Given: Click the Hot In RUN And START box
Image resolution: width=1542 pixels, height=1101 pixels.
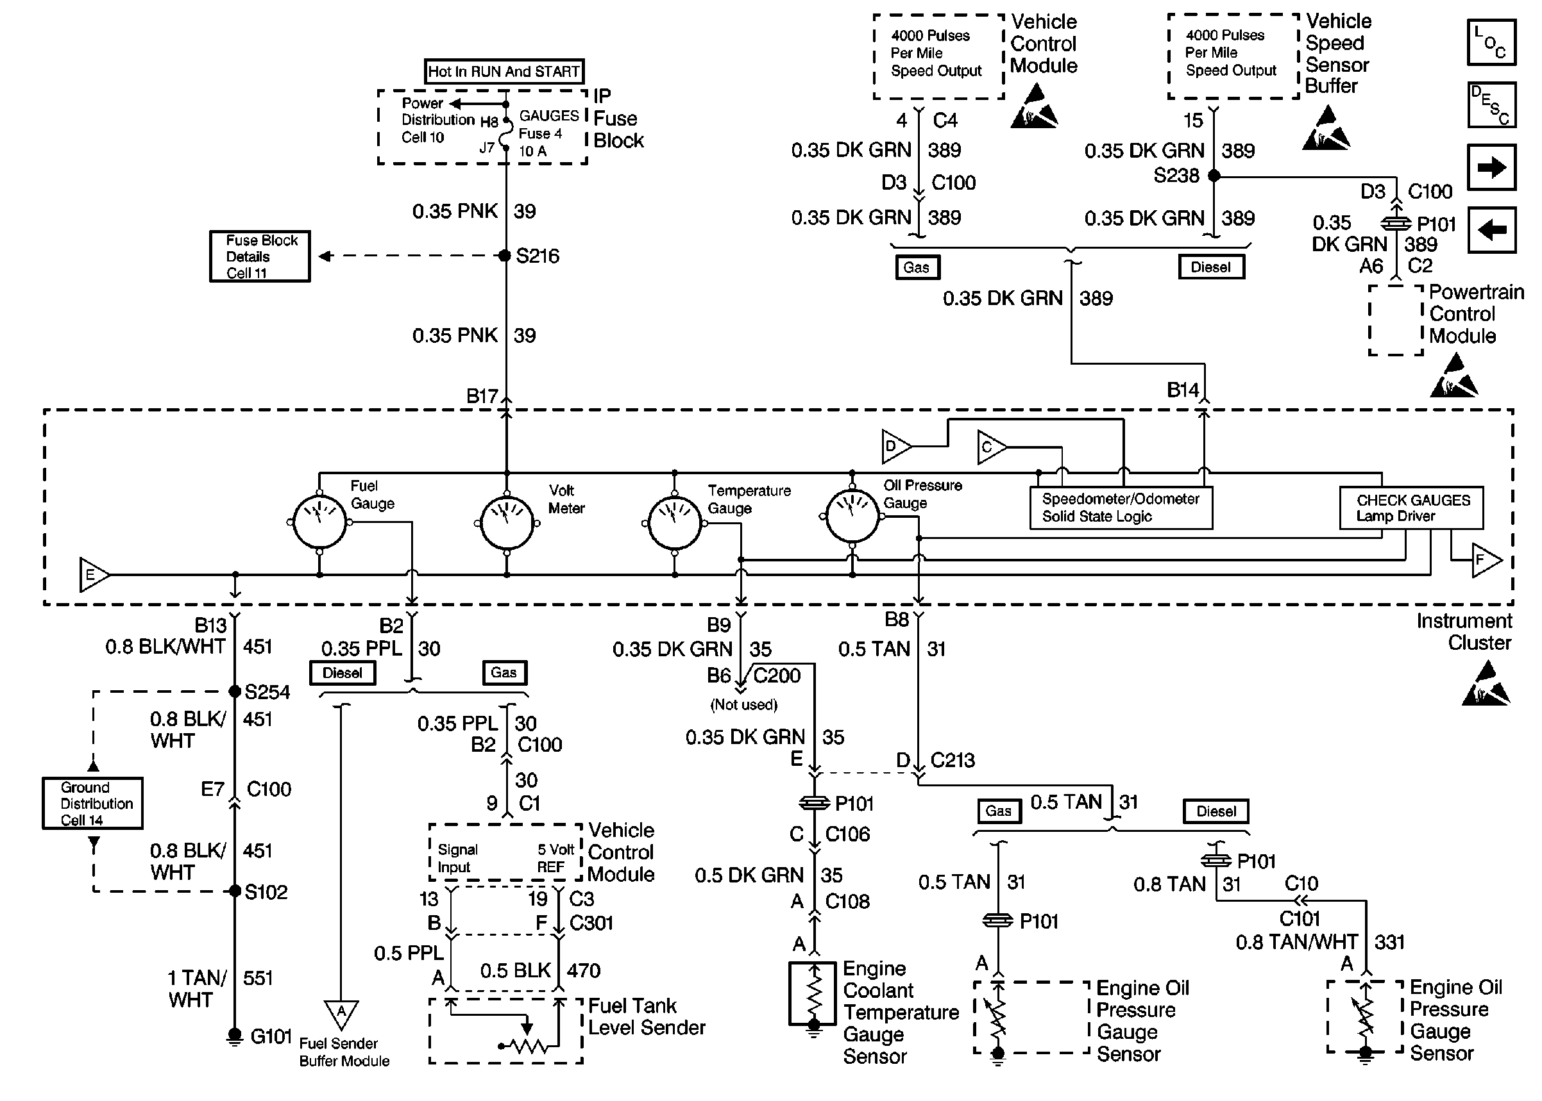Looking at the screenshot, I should point(504,71).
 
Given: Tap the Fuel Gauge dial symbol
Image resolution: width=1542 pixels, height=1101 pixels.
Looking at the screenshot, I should point(319,523).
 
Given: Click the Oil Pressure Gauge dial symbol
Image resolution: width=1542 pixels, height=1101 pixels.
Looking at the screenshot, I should point(852,517).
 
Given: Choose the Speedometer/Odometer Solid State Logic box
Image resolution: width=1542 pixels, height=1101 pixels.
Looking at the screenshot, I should point(1121,508).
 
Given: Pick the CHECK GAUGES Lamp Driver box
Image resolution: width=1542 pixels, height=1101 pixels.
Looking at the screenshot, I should point(1411,508).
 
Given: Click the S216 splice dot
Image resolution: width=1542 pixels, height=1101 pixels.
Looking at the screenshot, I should point(505,256).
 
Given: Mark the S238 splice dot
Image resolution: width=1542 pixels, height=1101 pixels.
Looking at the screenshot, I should point(1214,176).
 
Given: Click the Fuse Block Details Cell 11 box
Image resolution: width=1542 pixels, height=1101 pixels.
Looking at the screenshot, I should point(260,256).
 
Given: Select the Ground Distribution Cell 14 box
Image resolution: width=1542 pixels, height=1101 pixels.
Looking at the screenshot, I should point(93,804).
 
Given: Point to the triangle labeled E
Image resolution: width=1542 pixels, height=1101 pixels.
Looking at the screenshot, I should point(93,575).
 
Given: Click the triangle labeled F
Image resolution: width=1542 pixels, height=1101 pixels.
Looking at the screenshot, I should point(1486,560).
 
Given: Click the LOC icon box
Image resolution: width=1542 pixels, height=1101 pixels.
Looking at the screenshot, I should point(1491,43).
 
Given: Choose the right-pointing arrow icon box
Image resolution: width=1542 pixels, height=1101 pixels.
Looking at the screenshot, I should point(1491,167).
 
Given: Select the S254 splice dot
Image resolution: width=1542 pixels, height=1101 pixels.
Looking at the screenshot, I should point(235,691).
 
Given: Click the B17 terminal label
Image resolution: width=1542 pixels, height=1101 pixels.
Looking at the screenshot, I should point(482,396).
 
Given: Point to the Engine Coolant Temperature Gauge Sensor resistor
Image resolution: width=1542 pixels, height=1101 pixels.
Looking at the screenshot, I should point(813,993).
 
